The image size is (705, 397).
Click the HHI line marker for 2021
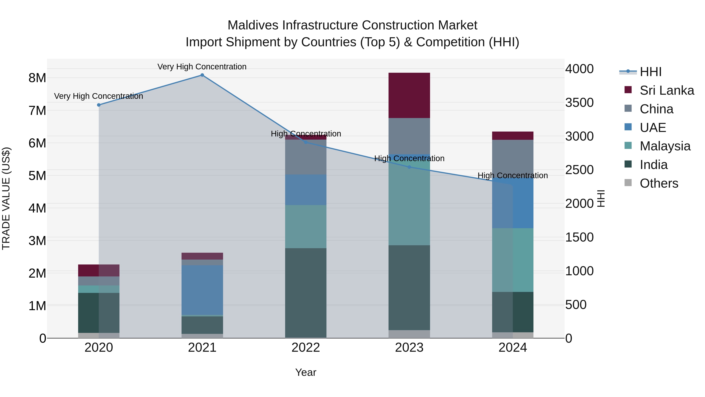point(202,75)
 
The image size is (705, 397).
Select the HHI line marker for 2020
point(99,105)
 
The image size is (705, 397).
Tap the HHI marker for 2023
point(409,167)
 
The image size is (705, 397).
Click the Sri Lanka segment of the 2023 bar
point(409,95)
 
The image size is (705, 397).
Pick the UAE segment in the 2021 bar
point(202,290)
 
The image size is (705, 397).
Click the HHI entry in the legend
point(651,72)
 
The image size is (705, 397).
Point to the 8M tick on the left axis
point(37,78)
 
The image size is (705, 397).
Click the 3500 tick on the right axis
point(579,103)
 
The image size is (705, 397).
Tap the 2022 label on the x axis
point(306,348)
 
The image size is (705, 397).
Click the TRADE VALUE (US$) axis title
point(6,198)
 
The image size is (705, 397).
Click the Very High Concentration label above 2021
point(202,67)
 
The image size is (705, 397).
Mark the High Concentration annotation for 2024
point(513,176)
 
